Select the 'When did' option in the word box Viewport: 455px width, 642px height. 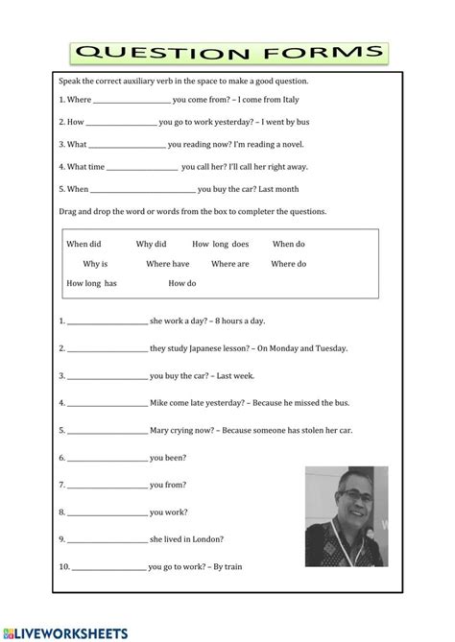coord(84,244)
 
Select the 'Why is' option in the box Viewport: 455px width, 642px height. coord(95,263)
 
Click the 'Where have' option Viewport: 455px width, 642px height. coord(168,263)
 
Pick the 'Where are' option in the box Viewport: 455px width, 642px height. coord(230,263)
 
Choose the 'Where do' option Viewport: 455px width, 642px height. coord(289,263)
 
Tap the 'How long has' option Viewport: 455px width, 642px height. coord(91,283)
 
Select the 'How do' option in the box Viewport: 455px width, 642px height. coord(181,283)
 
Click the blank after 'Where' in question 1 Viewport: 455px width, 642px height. coord(132,100)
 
